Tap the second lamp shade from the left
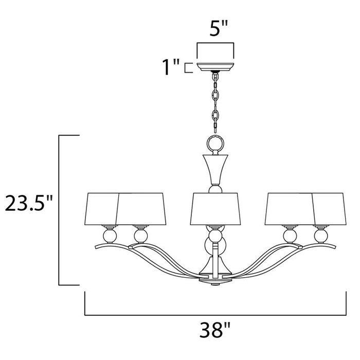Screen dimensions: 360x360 (x=141, y=208)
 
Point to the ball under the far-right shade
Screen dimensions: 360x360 (x=320, y=237)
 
